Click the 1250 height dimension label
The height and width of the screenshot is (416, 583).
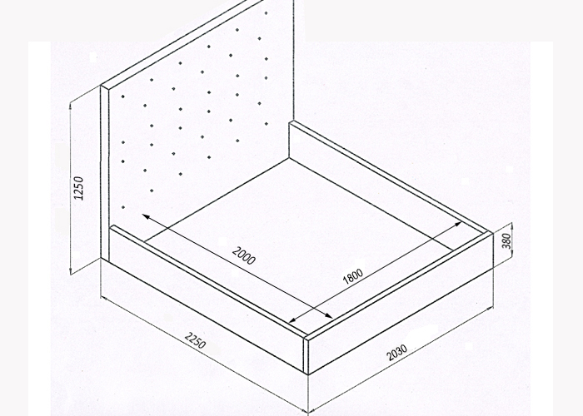(79, 188)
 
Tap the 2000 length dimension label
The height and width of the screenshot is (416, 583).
(244, 255)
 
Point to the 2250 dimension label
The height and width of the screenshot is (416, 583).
(195, 340)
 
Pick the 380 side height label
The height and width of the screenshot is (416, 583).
(506, 241)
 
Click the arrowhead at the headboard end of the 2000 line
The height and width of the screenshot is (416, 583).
(147, 217)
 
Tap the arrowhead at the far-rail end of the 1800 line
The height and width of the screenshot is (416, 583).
(457, 225)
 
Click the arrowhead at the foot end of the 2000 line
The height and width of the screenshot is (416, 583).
(328, 315)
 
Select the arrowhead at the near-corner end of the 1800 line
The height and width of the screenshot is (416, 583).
(293, 319)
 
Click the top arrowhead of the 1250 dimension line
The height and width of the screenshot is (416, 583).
(71, 107)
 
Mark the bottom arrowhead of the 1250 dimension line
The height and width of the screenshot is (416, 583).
(71, 270)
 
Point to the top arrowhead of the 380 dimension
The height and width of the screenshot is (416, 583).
(512, 226)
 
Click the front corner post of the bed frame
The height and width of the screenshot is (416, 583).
(306, 356)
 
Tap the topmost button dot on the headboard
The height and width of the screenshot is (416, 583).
(267, 13)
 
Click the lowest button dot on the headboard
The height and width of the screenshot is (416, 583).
(123, 207)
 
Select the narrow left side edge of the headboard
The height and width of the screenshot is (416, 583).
(104, 173)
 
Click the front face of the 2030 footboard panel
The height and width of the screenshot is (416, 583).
(400, 304)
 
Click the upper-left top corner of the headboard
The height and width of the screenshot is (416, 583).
(101, 86)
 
